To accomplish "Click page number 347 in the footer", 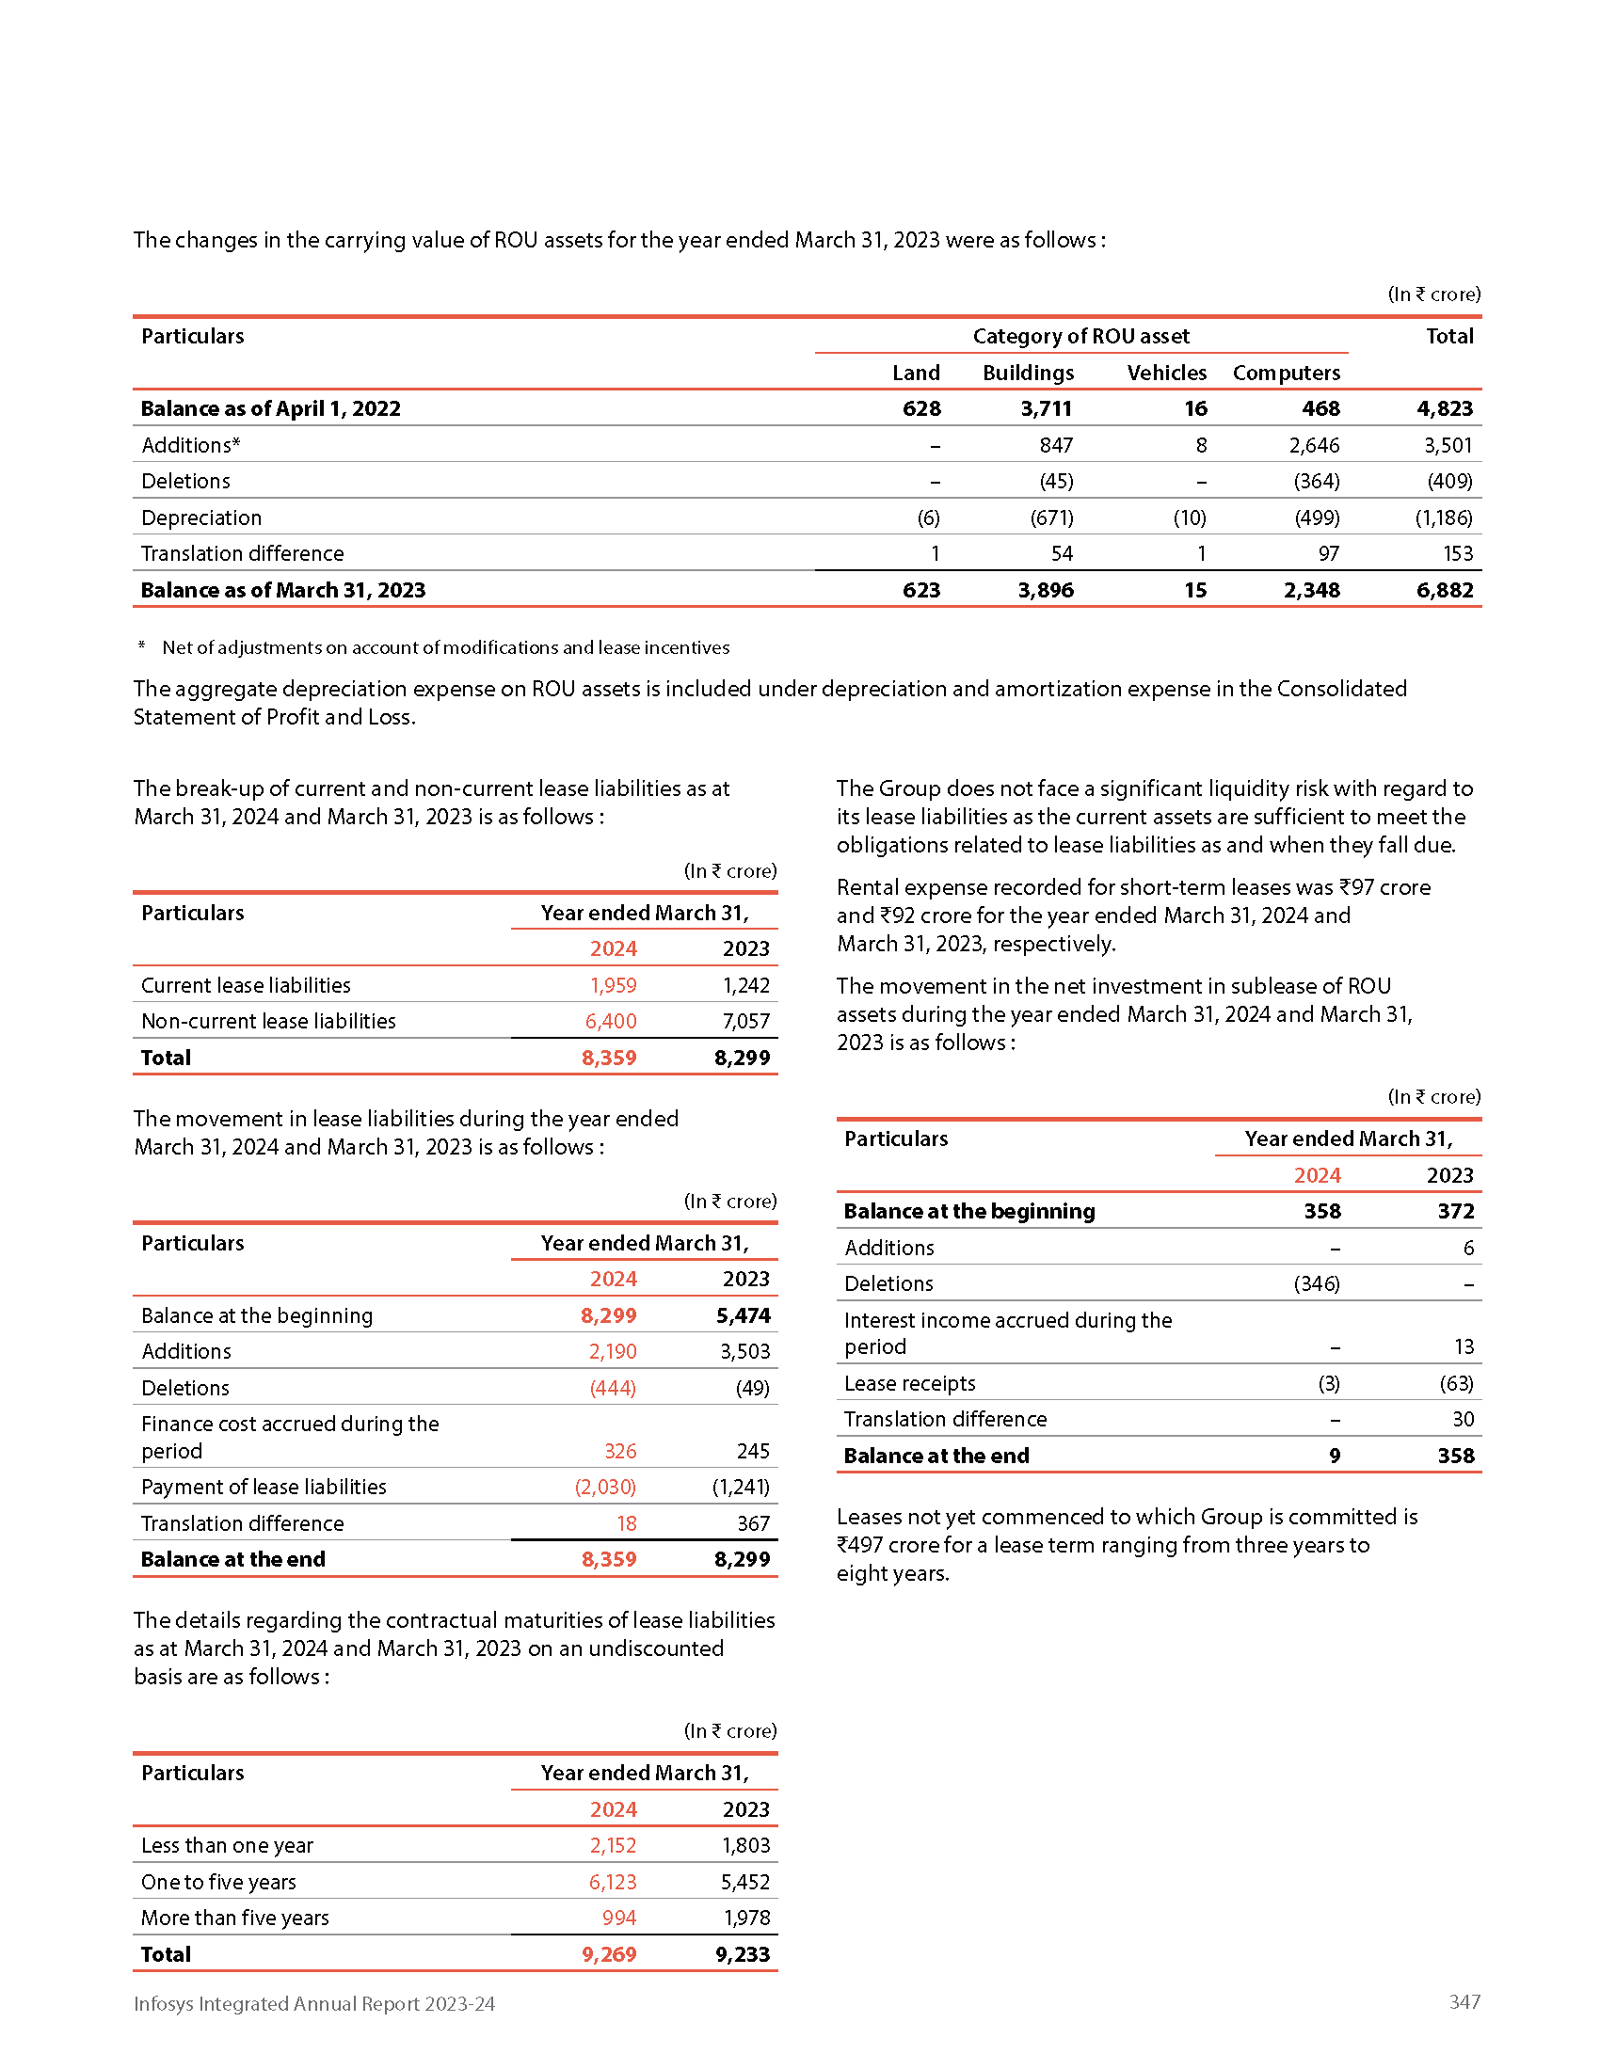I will (1464, 2000).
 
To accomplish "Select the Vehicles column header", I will (1166, 373).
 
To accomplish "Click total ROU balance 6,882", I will (1444, 590).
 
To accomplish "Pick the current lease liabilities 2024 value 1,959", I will (613, 985).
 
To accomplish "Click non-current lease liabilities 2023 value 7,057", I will (746, 1021).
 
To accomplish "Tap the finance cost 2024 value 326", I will (620, 1450).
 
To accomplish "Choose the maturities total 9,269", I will (609, 1953).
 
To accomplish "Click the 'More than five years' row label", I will (235, 1918).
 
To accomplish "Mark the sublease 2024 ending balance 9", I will (1334, 1455).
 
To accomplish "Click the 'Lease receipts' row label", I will (909, 1383).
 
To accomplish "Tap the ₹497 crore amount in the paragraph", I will (880, 1545).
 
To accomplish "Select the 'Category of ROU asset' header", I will (1080, 337).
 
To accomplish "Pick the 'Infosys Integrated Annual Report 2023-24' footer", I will (313, 2002).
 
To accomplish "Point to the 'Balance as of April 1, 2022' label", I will (270, 408).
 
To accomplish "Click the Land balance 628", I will (920, 408).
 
